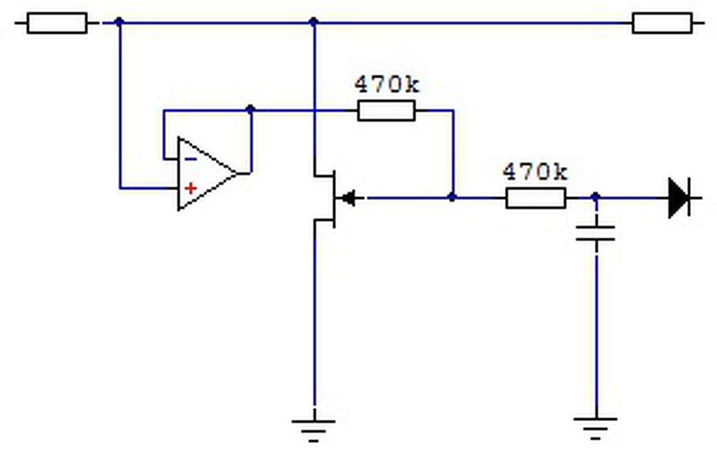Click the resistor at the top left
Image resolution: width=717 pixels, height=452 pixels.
(57, 23)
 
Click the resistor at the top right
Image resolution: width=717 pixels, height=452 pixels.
(662, 23)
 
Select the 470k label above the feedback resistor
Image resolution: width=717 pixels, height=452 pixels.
(387, 84)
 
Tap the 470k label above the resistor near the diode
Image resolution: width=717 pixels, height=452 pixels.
(535, 171)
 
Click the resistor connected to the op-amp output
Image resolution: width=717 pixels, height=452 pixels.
(387, 111)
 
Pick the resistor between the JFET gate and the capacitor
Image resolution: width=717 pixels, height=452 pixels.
(536, 198)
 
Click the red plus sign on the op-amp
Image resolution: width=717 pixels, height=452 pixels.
(191, 188)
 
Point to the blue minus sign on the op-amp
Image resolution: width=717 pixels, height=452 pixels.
(191, 159)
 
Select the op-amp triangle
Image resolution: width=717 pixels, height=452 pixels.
(207, 174)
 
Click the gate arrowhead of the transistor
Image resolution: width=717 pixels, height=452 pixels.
(348, 198)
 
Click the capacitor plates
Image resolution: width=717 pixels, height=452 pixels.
(595, 233)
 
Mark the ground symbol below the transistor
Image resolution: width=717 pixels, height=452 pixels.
(313, 431)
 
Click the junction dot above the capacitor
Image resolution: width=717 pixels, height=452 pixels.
(595, 197)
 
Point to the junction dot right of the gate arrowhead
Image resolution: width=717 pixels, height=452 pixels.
(452, 197)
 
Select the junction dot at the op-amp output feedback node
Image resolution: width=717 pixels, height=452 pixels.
(250, 109)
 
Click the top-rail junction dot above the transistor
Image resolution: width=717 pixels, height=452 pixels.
(314, 22)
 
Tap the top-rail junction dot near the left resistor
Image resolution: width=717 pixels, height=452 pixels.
(119, 22)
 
